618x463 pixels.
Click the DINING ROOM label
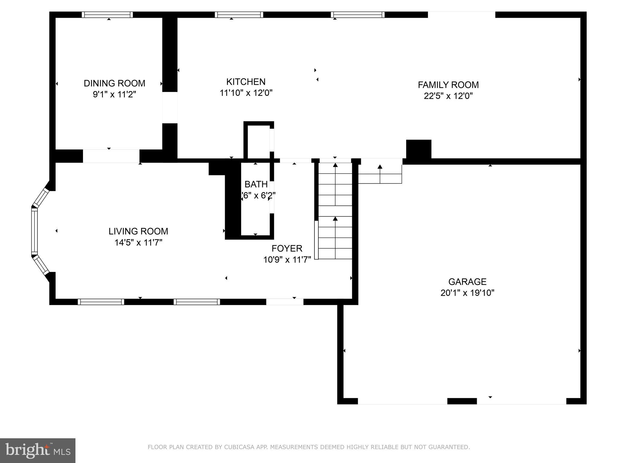114,83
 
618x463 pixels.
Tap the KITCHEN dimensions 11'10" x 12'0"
246,93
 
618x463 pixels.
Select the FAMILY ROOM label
448,85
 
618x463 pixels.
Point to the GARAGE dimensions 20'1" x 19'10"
467,293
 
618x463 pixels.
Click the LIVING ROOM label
138,231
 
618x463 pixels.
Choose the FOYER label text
287,248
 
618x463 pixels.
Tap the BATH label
256,184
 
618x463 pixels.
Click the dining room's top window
107,15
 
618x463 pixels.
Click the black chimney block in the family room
419,149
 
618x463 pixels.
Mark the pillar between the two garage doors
462,401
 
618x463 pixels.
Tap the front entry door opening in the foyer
285,302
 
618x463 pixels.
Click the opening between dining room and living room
111,156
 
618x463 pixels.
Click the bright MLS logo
37,450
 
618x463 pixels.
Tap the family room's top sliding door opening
461,15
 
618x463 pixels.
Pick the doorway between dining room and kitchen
170,108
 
